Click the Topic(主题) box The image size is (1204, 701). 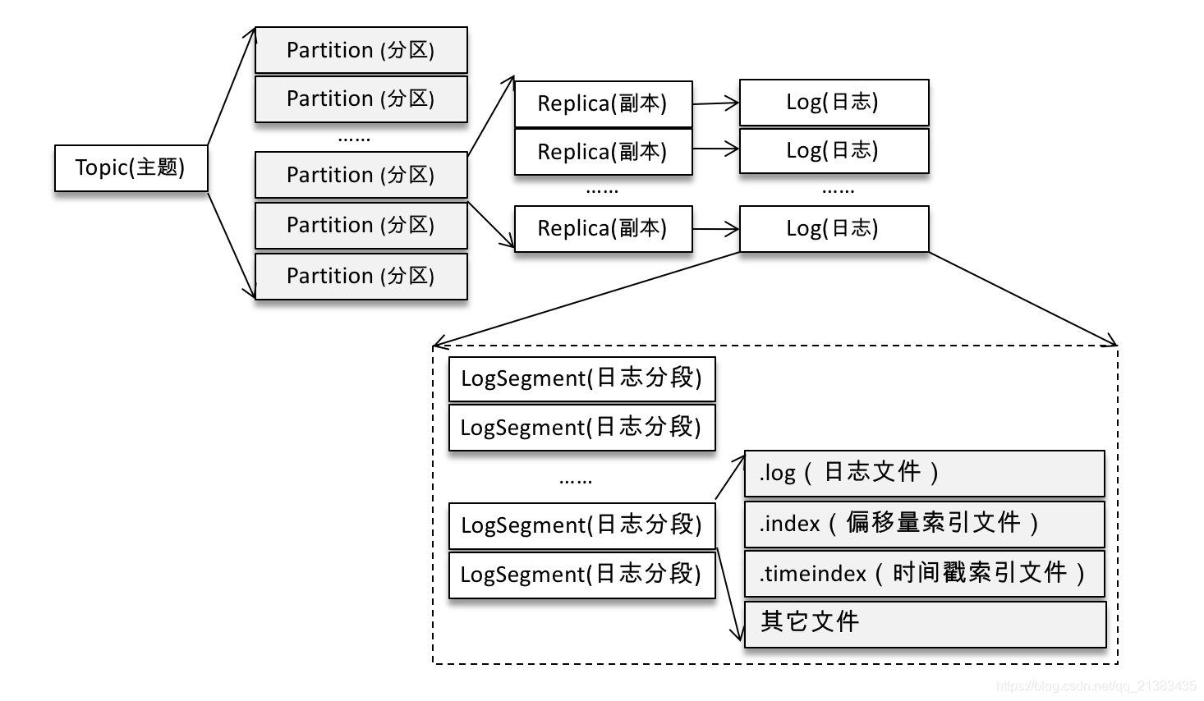131,168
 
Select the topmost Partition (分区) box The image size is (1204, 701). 361,50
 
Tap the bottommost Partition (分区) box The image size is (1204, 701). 361,276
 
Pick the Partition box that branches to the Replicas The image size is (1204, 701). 361,175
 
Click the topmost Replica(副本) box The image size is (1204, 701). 603,103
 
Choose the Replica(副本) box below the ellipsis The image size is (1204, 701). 603,228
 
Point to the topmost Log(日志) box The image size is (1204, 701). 834,102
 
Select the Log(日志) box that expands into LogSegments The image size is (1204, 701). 834,228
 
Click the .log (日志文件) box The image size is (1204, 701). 924,473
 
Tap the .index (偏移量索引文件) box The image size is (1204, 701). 924,524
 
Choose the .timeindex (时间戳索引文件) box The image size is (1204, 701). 924,573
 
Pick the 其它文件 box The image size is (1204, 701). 924,623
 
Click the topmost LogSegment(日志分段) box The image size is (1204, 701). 581,378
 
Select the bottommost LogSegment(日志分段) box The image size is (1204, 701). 581,575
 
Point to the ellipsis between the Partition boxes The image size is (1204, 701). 354,139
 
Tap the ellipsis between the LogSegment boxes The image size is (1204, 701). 575,480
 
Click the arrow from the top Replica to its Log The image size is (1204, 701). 715,103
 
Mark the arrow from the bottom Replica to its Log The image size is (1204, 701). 715,229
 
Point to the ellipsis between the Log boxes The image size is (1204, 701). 838,190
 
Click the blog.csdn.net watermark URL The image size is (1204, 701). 1096,685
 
